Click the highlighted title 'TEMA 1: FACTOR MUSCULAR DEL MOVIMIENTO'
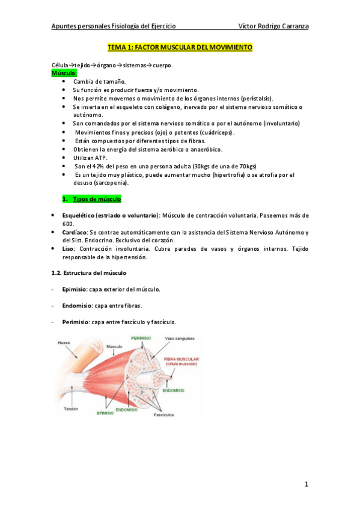click(x=180, y=47)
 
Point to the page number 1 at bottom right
click(x=305, y=484)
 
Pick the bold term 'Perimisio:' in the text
click(x=76, y=322)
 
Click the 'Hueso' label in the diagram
click(x=64, y=343)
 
